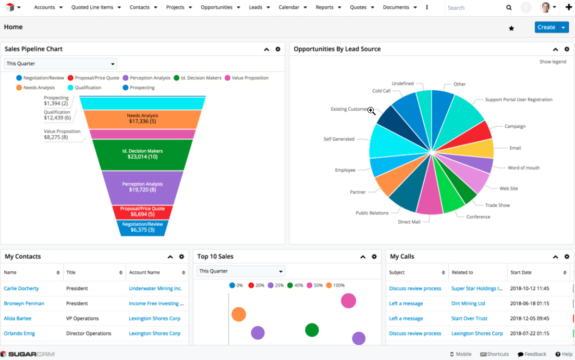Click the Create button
(546, 27)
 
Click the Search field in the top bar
(475, 8)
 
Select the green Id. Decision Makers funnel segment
(142, 154)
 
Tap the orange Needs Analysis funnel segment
(142, 119)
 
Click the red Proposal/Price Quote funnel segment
(142, 212)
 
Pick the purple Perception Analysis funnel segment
(142, 187)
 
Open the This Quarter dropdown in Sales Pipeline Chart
(60, 64)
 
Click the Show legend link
(553, 62)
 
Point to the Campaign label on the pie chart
(515, 126)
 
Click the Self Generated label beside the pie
(339, 139)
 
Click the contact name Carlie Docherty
(21, 289)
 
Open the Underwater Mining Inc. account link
(155, 289)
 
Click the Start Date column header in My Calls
(521, 272)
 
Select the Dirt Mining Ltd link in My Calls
(468, 304)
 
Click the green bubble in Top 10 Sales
(312, 330)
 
